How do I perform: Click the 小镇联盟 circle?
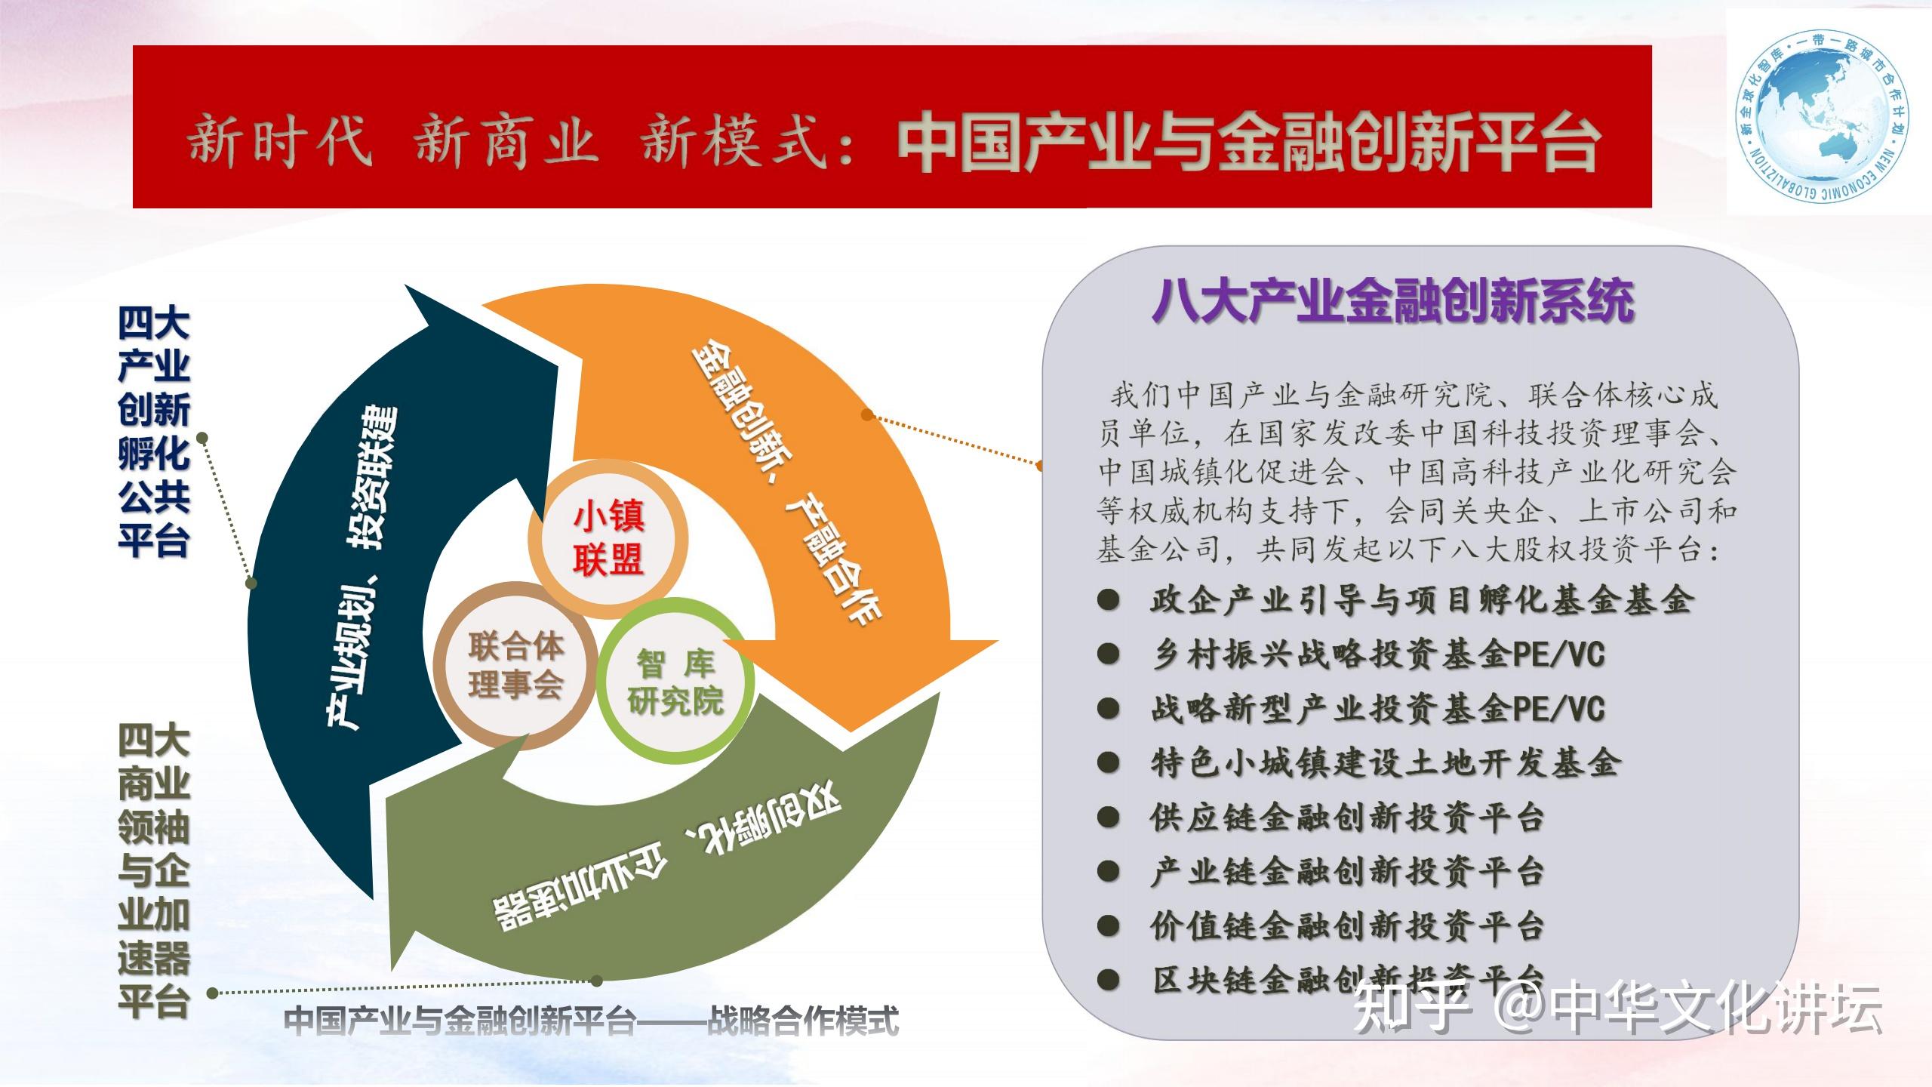[608, 539]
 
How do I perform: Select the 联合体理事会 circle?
[516, 665]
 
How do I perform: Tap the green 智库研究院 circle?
[675, 682]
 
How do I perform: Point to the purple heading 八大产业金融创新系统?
[1393, 301]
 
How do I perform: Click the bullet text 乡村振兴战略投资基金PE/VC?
[1378, 654]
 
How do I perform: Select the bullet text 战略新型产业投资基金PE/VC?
[1378, 709]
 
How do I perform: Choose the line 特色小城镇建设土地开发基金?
[1384, 763]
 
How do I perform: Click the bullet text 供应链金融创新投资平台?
[1347, 818]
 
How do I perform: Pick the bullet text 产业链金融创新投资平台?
[1347, 872]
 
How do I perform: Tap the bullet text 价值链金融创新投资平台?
[1347, 926]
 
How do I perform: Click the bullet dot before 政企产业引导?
[1108, 601]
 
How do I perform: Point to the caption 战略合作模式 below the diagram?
[803, 1021]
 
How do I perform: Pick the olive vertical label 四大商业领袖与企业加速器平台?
[153, 872]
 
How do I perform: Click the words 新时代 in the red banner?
[279, 141]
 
